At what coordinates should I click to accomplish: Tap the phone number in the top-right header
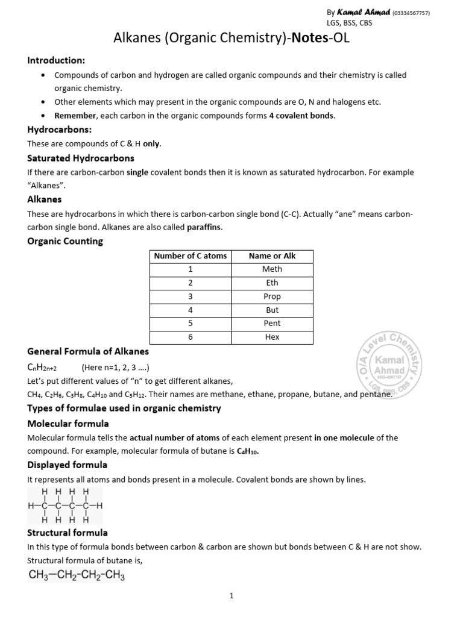412,13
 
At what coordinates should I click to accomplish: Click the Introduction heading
56,60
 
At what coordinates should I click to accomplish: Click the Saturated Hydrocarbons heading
81,158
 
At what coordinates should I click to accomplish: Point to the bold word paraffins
204,227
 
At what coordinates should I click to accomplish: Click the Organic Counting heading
65,241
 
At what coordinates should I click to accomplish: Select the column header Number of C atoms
191,256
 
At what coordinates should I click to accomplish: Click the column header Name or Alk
272,256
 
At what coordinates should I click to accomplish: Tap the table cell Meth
272,269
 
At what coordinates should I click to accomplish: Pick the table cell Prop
272,296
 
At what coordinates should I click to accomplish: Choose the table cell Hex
272,337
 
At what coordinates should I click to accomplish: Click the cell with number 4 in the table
191,310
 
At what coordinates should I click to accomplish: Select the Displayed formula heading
68,465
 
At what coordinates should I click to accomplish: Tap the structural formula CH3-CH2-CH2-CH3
77,576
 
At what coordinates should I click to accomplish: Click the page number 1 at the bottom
231,597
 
